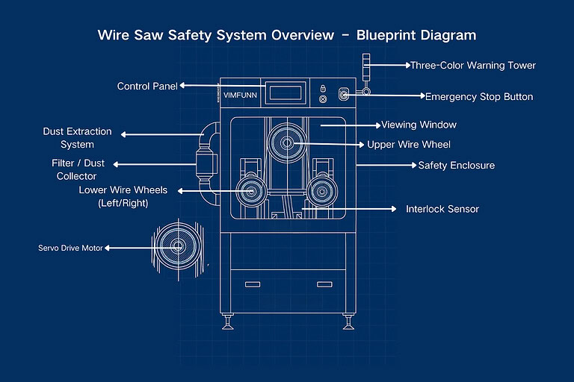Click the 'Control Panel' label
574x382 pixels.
[x=147, y=86]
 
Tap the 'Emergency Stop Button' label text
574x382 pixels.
[x=478, y=96]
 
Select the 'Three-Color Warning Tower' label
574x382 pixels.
[x=472, y=65]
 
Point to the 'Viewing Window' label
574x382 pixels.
[x=419, y=125]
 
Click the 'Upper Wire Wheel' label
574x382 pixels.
[x=409, y=144]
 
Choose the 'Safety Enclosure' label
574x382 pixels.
[x=456, y=165]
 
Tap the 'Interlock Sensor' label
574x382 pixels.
[x=442, y=209]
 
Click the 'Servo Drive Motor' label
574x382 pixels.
[x=70, y=248]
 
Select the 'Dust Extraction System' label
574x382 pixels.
[x=77, y=138]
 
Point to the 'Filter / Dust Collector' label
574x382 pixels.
[x=78, y=169]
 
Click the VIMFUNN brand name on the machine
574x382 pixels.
[x=241, y=95]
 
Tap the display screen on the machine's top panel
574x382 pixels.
[x=285, y=93]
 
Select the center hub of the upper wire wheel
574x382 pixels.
[x=288, y=143]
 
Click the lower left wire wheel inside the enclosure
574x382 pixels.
[x=250, y=191]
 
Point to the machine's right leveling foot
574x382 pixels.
[x=348, y=324]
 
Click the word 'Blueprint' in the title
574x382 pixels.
[x=394, y=35]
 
